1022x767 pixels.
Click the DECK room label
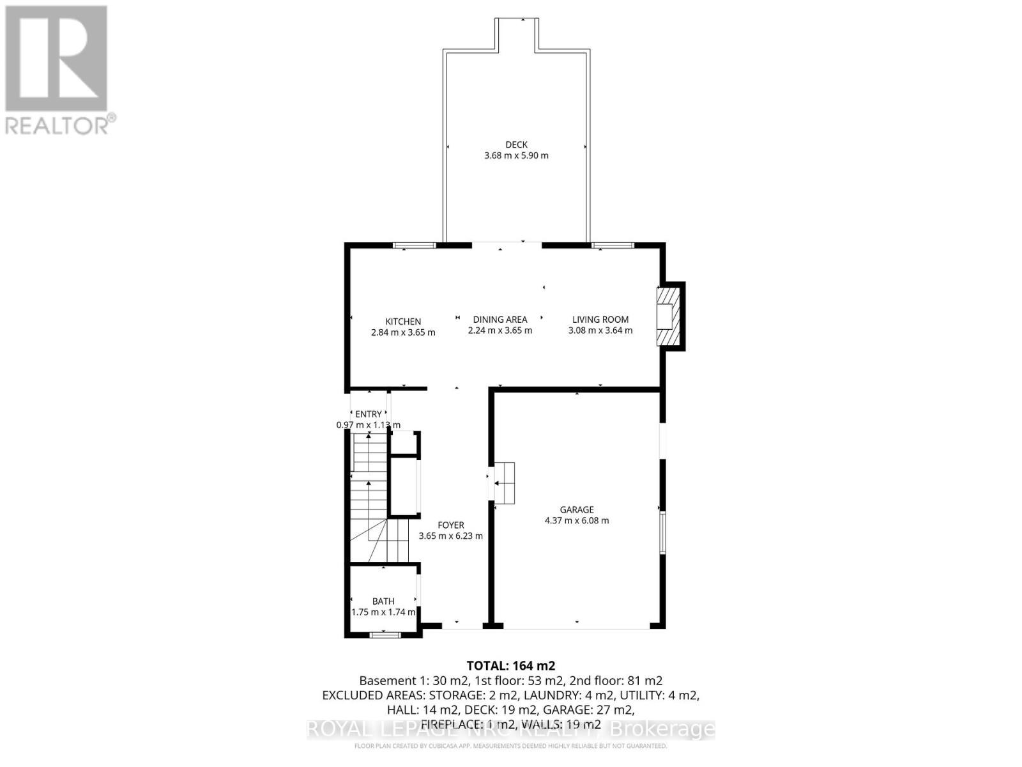[x=516, y=145]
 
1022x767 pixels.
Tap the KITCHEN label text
[x=403, y=322]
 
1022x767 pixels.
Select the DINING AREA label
[x=500, y=320]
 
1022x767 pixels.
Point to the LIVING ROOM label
[x=600, y=320]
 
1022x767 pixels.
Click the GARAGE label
[x=577, y=509]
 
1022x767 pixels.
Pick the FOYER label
[x=451, y=525]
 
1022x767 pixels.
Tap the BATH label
[x=383, y=601]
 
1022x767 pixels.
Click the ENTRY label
[x=369, y=414]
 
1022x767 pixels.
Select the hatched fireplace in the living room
[x=666, y=316]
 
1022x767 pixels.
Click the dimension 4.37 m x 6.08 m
[x=577, y=520]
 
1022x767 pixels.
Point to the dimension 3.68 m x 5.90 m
[x=516, y=155]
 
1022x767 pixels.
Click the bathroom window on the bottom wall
[x=386, y=635]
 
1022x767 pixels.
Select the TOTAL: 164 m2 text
[x=511, y=665]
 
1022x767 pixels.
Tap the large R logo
[x=56, y=59]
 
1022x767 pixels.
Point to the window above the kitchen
[x=415, y=245]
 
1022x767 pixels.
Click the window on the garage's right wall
[x=662, y=532]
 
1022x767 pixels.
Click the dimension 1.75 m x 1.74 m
[x=383, y=612]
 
